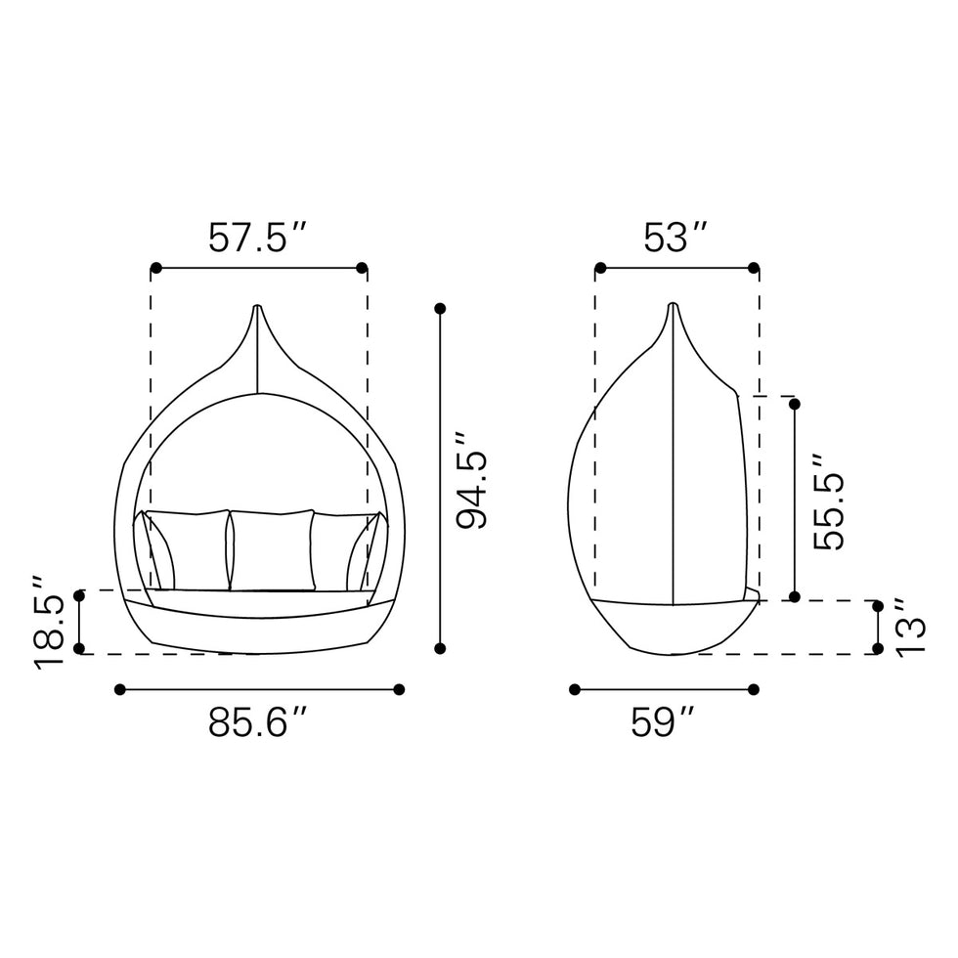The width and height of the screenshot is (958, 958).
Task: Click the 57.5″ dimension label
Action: tap(257, 238)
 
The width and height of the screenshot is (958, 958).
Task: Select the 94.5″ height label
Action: tap(471, 480)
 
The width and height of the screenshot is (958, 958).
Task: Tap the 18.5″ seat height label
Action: tap(49, 623)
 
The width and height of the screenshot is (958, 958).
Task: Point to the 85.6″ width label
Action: tap(257, 722)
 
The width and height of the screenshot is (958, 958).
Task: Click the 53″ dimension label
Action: tap(675, 238)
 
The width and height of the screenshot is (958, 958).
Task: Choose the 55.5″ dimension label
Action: tap(829, 501)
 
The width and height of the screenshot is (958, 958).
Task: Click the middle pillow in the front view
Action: tap(273, 550)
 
